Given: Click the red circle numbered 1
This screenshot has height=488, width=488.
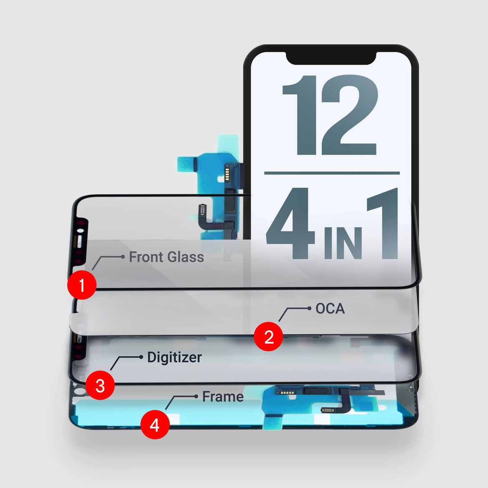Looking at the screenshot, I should tap(82, 285).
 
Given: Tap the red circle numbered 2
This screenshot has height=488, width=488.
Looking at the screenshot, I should tap(269, 336).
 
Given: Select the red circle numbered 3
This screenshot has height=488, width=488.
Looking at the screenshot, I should tap(100, 385).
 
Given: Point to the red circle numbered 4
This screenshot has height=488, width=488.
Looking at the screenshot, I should tap(155, 425).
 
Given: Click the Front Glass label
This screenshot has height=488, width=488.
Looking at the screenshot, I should tap(166, 257).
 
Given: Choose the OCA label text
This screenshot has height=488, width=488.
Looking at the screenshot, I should tap(330, 309).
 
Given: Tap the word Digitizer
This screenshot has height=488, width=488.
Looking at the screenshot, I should tap(174, 357).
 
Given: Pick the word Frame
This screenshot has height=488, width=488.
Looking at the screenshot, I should tap(223, 397).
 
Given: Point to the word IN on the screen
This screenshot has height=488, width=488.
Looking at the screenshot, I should tap(342, 244).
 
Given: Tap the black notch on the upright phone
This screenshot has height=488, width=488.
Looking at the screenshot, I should tap(331, 58).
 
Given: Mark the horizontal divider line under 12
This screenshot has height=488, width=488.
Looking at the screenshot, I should tap(332, 173).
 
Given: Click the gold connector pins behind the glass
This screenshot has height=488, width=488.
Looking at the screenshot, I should tap(227, 172).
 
